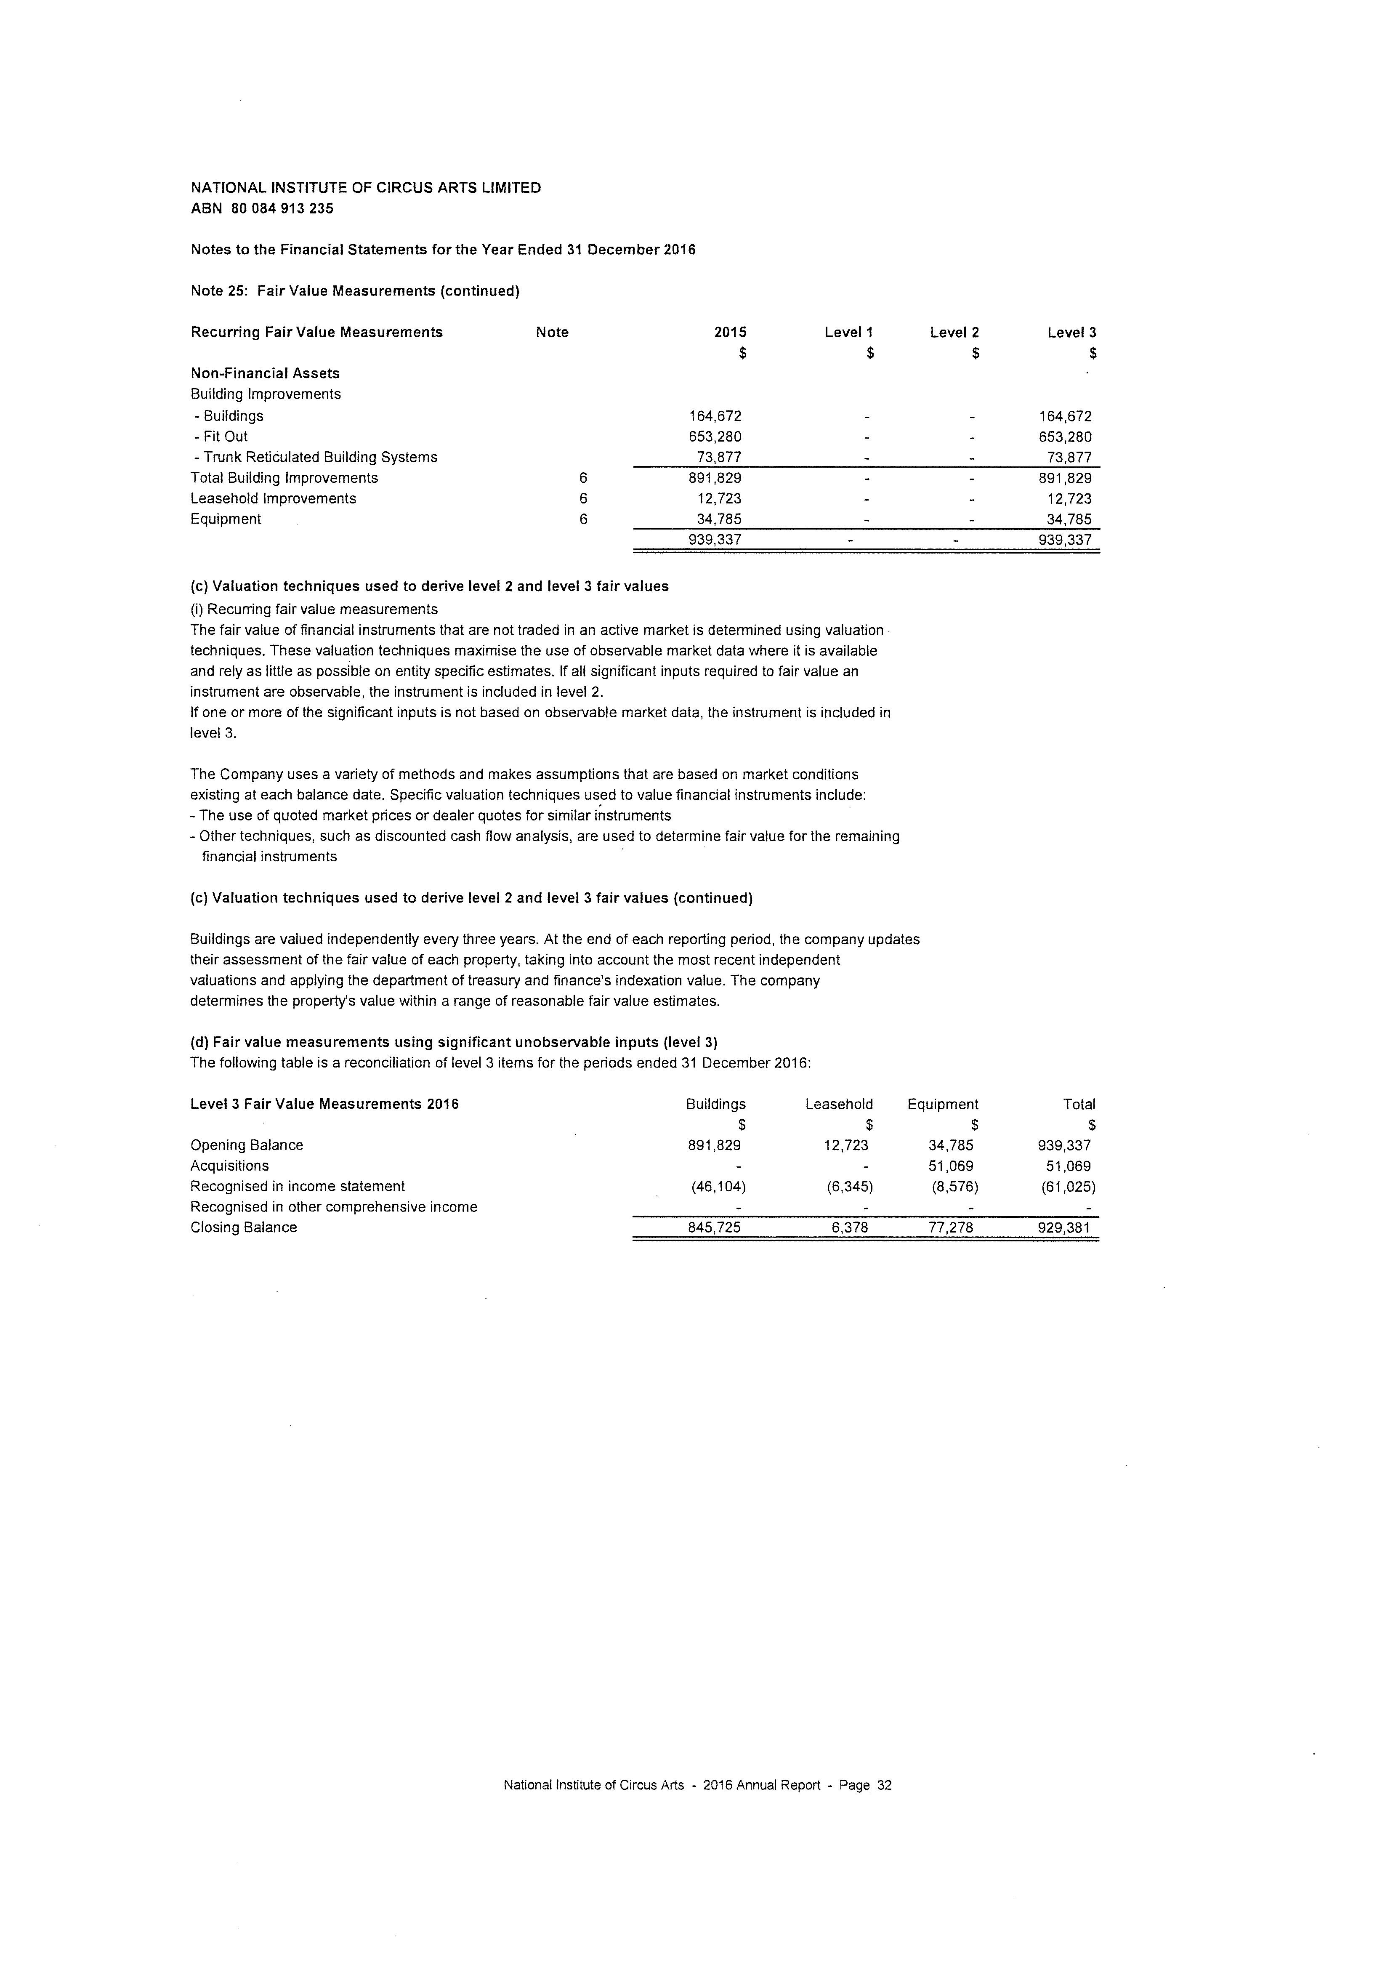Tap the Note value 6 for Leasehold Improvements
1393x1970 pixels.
[583, 498]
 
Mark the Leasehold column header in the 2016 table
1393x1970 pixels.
[839, 1104]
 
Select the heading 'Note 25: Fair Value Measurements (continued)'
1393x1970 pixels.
[355, 291]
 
